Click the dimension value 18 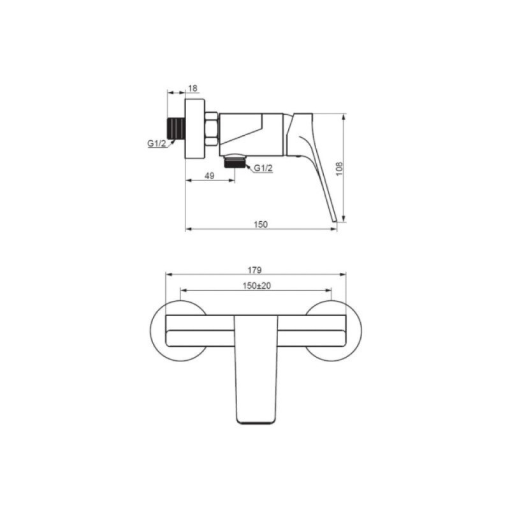point(193,88)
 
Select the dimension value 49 point(210,176)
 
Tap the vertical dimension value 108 point(339,169)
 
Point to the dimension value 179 point(254,270)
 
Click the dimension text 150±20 point(257,286)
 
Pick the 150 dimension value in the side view point(261,224)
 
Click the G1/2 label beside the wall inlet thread point(157,143)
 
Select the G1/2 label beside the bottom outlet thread point(263,168)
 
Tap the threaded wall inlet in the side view point(176,129)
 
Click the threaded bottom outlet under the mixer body point(235,162)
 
